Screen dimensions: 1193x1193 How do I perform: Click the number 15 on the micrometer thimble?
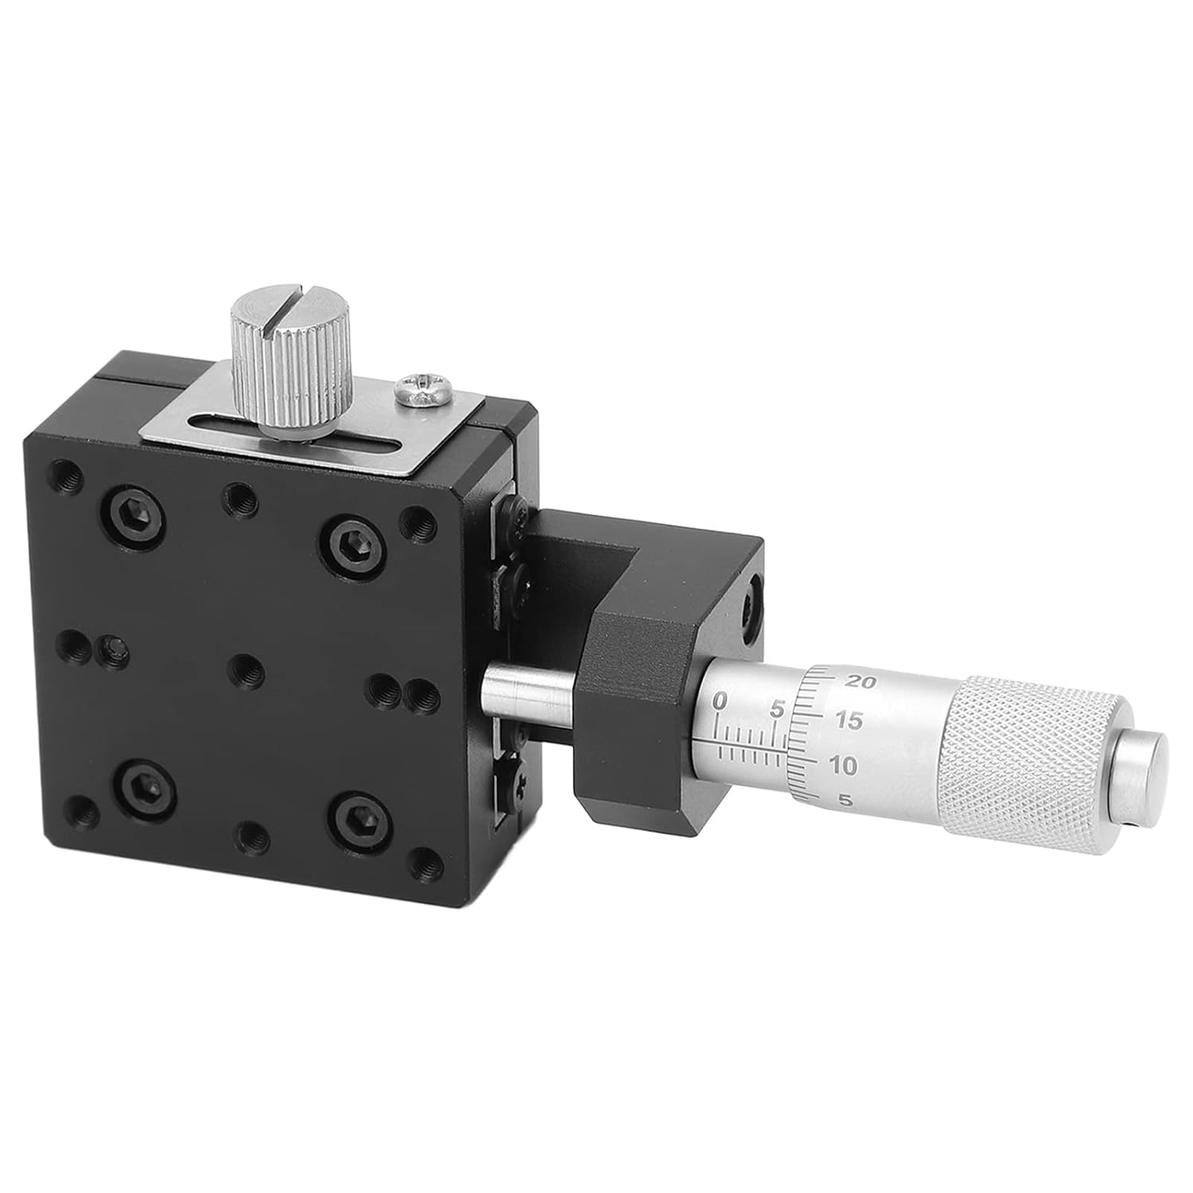point(848,721)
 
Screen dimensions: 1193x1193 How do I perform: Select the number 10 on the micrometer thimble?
point(842,766)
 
